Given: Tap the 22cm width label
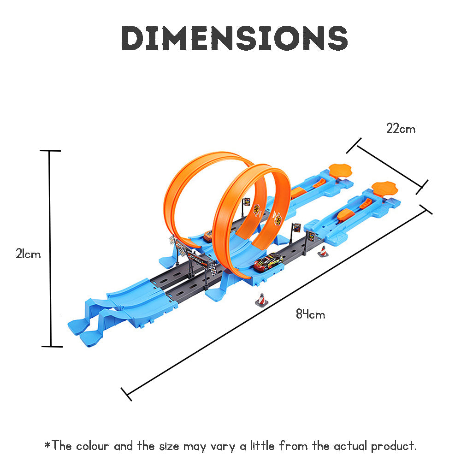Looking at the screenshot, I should (401, 129).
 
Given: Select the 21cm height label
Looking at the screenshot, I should (28, 254).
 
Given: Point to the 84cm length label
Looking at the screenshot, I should (310, 315).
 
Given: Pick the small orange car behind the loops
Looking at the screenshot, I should (208, 236).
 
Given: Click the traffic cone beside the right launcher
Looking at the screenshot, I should (323, 251).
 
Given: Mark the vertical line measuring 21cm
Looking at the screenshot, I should (49, 249).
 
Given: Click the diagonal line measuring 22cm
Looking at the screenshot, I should (388, 167).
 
